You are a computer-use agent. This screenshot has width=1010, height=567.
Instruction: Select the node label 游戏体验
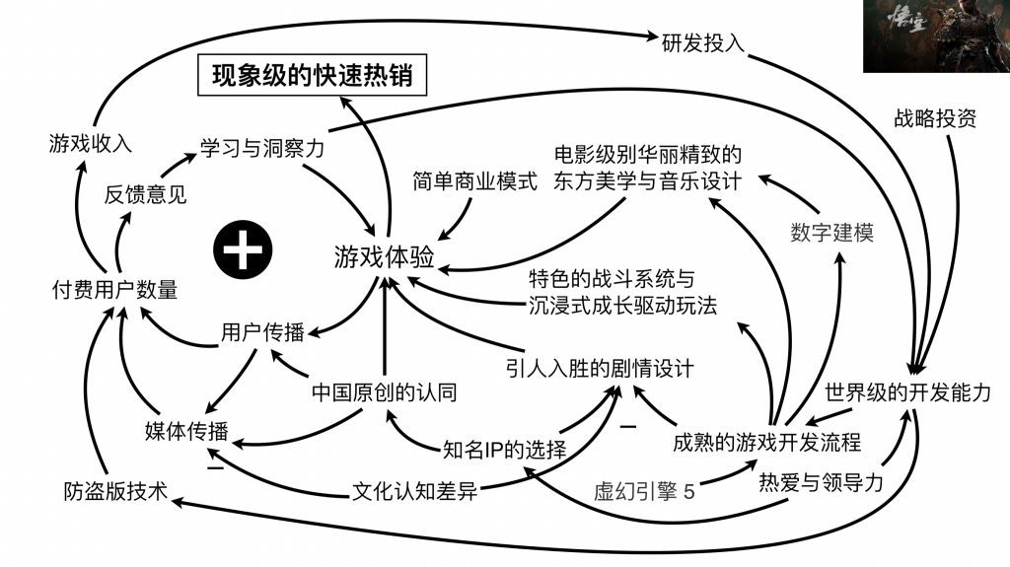(384, 257)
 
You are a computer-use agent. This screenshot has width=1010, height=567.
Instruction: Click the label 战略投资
(934, 120)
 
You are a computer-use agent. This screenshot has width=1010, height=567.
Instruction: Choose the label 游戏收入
(90, 144)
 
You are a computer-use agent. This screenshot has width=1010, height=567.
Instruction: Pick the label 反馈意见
(145, 194)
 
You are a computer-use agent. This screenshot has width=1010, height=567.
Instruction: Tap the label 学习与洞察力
(262, 149)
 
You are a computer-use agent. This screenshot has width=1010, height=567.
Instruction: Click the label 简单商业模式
(475, 182)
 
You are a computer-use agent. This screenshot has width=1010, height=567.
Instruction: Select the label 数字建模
(831, 233)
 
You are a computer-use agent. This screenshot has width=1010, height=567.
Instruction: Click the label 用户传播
(261, 332)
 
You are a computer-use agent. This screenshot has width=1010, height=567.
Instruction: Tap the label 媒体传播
(186, 431)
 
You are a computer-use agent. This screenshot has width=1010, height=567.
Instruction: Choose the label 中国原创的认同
(384, 391)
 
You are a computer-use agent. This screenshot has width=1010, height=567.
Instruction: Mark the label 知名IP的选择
(505, 452)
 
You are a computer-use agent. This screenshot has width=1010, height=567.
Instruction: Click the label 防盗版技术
(111, 490)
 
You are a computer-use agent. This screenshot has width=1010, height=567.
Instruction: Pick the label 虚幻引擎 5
(643, 490)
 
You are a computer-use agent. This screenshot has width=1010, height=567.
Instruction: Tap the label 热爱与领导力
(819, 483)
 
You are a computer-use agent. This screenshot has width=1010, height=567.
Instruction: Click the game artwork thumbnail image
(935, 36)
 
